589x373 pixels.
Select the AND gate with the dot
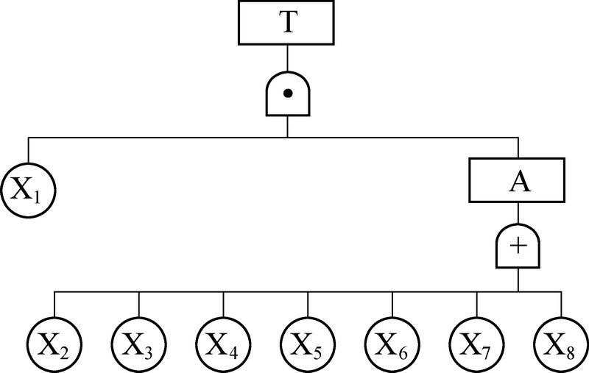click(x=287, y=93)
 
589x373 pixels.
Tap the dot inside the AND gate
click(x=287, y=93)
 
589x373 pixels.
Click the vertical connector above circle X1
click(x=29, y=150)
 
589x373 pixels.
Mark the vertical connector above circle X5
click(x=308, y=303)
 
